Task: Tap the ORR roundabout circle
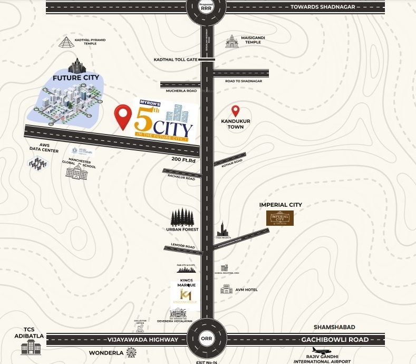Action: [206, 339]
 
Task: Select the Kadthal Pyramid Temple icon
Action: [66, 43]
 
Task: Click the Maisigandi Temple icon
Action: [231, 41]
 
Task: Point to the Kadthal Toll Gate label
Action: [176, 60]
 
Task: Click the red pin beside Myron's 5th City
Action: [123, 117]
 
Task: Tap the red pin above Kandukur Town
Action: [236, 111]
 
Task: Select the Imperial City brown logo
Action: [279, 218]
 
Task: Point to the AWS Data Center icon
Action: [38, 164]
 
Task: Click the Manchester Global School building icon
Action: [76, 170]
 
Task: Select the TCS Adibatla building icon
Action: [31, 346]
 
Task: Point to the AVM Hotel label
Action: [246, 290]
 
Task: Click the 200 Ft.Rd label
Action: [183, 159]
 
